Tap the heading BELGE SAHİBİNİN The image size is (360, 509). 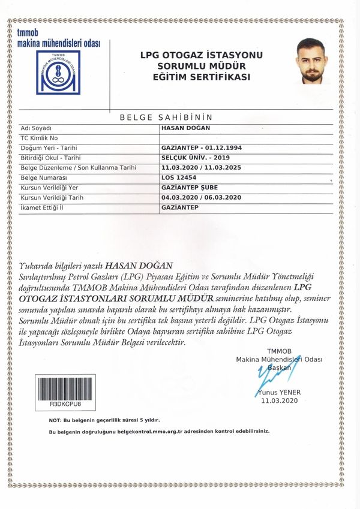(166, 118)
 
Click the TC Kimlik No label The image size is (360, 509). (39, 138)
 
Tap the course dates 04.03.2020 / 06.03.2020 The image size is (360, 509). (201, 197)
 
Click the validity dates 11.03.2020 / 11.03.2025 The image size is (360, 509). (201, 167)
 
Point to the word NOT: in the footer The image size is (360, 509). (55, 420)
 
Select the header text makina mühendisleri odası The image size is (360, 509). (59, 44)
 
